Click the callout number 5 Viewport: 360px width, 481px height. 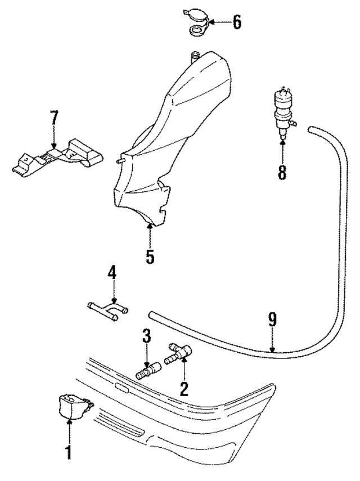(x=149, y=256)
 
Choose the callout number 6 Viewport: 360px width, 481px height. (x=236, y=23)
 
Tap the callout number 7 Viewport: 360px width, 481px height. (x=54, y=119)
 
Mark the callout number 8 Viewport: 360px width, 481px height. (x=282, y=171)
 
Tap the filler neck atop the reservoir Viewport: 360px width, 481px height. (x=196, y=55)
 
